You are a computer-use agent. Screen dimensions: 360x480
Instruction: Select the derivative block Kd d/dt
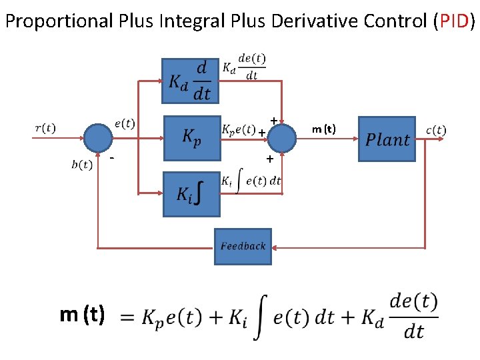tap(191, 81)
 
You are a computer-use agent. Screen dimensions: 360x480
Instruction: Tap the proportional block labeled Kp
tap(191, 138)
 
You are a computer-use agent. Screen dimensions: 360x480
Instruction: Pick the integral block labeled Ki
tap(191, 194)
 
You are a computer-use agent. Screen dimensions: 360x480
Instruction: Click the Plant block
tap(387, 139)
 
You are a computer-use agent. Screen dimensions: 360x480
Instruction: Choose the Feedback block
tap(243, 246)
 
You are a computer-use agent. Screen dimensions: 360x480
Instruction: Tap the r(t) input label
tap(45, 128)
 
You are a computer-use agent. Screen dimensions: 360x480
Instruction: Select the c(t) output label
tap(436, 130)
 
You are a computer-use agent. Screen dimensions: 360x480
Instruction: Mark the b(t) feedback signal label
tap(81, 165)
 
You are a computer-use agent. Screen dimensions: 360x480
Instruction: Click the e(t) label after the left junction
tap(125, 123)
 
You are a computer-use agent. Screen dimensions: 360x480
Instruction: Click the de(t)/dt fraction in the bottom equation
tap(414, 316)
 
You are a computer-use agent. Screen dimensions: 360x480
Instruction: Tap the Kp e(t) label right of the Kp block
tap(238, 129)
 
